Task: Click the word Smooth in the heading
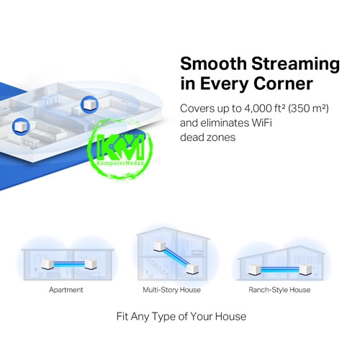pyautogui.click(x=213, y=63)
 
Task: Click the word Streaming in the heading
pyautogui.click(x=295, y=65)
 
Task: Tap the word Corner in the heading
pyautogui.click(x=283, y=84)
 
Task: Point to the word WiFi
pyautogui.click(x=261, y=123)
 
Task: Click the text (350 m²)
pyautogui.click(x=308, y=109)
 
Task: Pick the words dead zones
pyautogui.click(x=207, y=138)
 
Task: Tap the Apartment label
pyautogui.click(x=66, y=290)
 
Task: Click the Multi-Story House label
pyautogui.click(x=171, y=289)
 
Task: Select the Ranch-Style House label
pyautogui.click(x=279, y=289)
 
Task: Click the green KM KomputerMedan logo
pyautogui.click(x=120, y=149)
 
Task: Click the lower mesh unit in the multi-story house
pyautogui.click(x=193, y=269)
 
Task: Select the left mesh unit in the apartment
pyautogui.click(x=48, y=264)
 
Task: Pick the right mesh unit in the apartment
pyautogui.click(x=91, y=264)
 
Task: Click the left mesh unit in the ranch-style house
pyautogui.click(x=255, y=270)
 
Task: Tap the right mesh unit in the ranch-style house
pyautogui.click(x=305, y=270)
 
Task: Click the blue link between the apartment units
pyautogui.click(x=69, y=264)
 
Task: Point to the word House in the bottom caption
pyautogui.click(x=230, y=316)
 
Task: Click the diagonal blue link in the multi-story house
pyautogui.click(x=176, y=258)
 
